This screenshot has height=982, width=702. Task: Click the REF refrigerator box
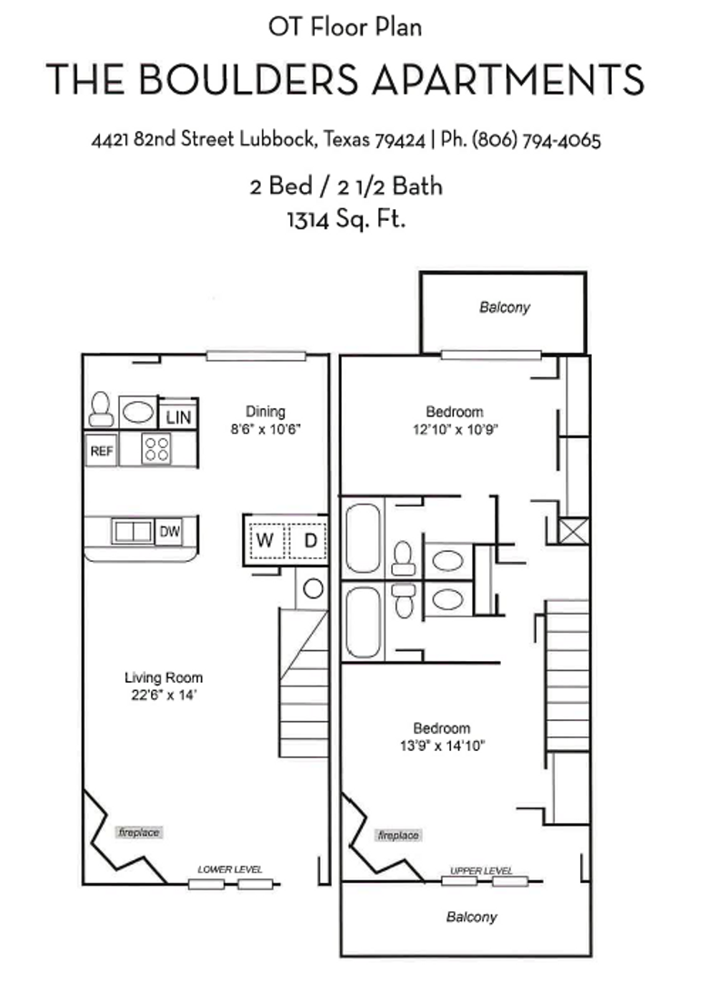pyautogui.click(x=101, y=450)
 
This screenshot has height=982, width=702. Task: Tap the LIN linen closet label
pyautogui.click(x=178, y=417)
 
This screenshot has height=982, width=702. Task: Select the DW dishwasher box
pyautogui.click(x=169, y=532)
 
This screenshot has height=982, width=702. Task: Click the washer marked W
pyautogui.click(x=265, y=540)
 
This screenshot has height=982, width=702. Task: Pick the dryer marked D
pyautogui.click(x=309, y=540)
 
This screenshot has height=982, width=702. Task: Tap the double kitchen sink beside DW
pyautogui.click(x=133, y=532)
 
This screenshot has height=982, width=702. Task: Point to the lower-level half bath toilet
pyautogui.click(x=101, y=409)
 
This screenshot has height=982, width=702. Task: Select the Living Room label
pyautogui.click(x=164, y=677)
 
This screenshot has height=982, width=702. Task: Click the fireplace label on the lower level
pyautogui.click(x=138, y=832)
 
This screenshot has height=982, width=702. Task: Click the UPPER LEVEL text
pyautogui.click(x=482, y=871)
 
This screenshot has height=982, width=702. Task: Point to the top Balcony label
pyautogui.click(x=504, y=307)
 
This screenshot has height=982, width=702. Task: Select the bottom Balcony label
pyautogui.click(x=471, y=917)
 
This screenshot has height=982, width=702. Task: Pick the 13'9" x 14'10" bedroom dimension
pyautogui.click(x=442, y=746)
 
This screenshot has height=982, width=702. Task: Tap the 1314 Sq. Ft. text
pyautogui.click(x=346, y=219)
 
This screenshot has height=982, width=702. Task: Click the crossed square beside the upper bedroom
pyautogui.click(x=574, y=530)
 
